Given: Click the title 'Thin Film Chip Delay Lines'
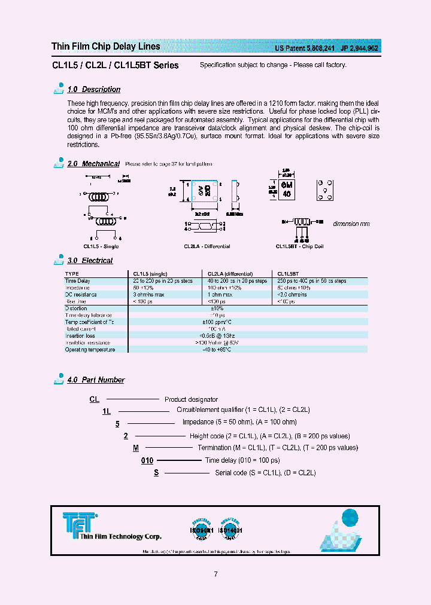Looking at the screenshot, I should click(x=106, y=47).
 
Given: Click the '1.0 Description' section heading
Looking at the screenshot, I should click(x=93, y=90).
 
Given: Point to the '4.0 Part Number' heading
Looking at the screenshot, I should click(x=96, y=380).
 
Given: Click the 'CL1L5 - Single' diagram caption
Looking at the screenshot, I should click(x=101, y=246).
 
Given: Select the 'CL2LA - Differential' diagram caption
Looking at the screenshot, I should click(x=208, y=246).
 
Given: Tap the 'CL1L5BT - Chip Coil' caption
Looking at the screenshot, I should click(x=299, y=246).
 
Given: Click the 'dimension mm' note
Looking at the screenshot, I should click(x=351, y=224).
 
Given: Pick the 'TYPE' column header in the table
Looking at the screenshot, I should click(x=71, y=274).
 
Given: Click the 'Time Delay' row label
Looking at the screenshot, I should click(x=77, y=281).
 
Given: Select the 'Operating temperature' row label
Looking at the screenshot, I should click(x=90, y=350).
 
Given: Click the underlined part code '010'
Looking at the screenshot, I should click(x=147, y=461).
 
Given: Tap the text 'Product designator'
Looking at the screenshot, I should click(x=191, y=399).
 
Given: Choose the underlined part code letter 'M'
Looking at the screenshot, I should click(x=136, y=448).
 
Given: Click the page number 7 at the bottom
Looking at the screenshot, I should click(x=215, y=575).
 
